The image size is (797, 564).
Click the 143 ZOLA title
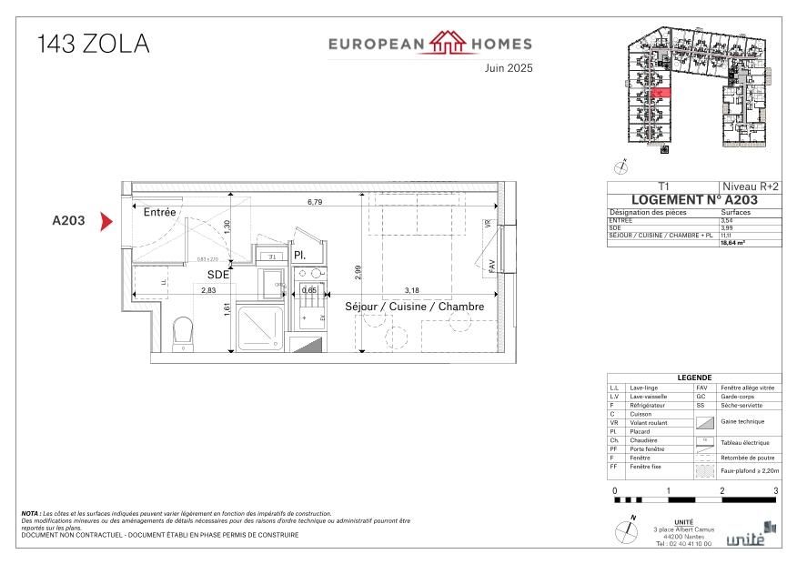pos(93,44)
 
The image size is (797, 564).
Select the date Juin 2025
pos(508,68)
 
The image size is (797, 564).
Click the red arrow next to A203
pos(106,220)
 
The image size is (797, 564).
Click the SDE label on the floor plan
pos(218,274)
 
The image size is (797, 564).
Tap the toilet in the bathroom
pos(184,332)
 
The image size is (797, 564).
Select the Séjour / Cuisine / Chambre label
pos(414,307)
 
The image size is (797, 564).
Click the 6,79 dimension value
pos(315,201)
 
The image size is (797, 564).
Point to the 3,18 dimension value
pos(410,290)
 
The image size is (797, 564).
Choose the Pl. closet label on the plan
pos(298,255)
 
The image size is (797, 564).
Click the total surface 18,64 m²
pos(733,243)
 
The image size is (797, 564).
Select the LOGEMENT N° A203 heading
pos(693,199)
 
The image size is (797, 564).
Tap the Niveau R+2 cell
pos(750,186)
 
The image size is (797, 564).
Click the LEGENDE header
pos(693,378)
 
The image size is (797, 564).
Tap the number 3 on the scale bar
pos(775,491)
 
